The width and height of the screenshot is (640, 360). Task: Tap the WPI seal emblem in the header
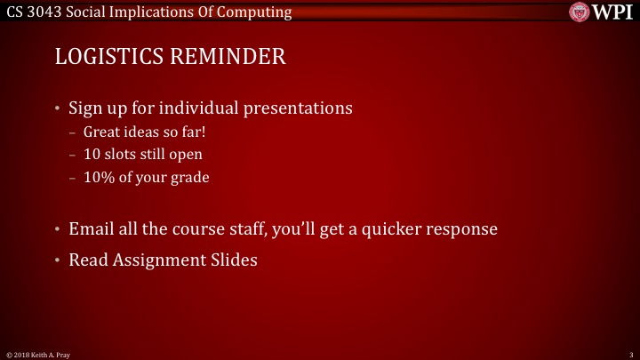[x=580, y=12]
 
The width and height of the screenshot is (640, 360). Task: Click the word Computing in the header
[x=259, y=12]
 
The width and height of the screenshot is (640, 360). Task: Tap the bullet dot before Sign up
[x=58, y=109]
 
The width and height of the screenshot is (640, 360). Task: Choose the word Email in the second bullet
[x=92, y=229]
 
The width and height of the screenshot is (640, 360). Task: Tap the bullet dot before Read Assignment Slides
[x=58, y=260]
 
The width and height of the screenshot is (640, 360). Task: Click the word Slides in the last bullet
[x=233, y=260]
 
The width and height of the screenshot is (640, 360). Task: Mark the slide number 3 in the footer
[x=630, y=355]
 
